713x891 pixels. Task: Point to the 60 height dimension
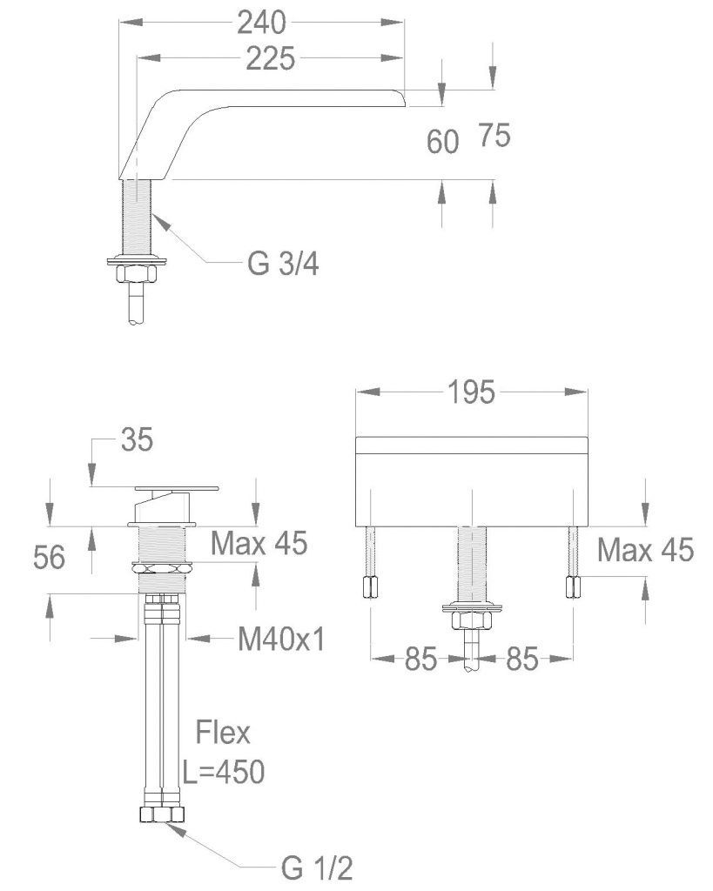click(443, 141)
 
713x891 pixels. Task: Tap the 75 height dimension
click(494, 135)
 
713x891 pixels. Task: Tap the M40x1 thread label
click(281, 640)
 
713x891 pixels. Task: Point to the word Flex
click(222, 734)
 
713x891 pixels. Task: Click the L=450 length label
click(224, 771)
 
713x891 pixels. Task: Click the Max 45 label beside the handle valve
click(259, 544)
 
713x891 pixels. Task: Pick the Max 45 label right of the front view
click(645, 549)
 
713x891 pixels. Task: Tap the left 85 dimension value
click(420, 660)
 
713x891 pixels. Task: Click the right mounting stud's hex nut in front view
click(573, 588)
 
